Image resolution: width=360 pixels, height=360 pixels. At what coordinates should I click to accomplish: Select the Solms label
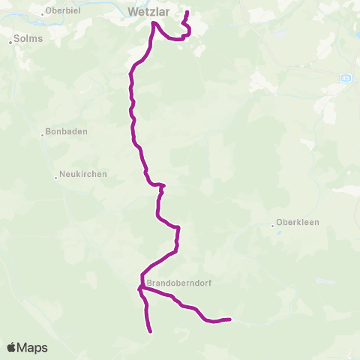click(x=28, y=37)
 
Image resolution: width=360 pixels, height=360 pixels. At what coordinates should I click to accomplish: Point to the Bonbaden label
click(x=67, y=131)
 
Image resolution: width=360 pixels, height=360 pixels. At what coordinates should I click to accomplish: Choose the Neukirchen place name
click(x=83, y=174)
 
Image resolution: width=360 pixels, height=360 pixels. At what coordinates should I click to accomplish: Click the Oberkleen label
click(x=299, y=223)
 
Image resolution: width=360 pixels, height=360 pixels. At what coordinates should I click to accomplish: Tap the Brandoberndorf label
click(x=175, y=283)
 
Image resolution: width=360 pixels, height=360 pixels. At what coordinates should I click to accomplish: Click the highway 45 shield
click(x=345, y=77)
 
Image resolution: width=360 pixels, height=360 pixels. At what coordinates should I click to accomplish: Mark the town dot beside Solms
click(x=11, y=42)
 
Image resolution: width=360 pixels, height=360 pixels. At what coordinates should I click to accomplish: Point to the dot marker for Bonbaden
click(x=43, y=136)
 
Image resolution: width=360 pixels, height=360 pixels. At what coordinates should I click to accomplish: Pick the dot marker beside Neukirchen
click(x=55, y=178)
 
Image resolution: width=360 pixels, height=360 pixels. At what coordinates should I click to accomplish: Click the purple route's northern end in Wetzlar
click(x=187, y=12)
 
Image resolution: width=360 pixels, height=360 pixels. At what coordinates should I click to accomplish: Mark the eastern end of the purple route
click(x=229, y=319)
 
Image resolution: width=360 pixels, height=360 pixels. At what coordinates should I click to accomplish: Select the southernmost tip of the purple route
click(x=151, y=331)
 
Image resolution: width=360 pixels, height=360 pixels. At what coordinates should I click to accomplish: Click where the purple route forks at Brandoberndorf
click(x=140, y=287)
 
